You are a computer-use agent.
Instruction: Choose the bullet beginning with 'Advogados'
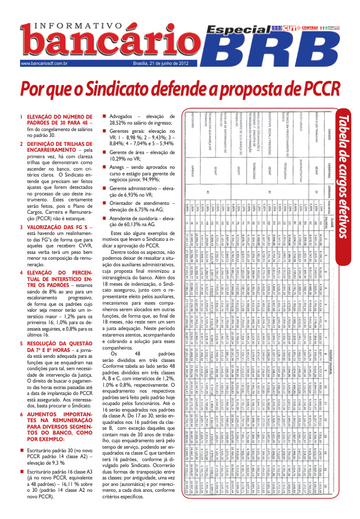point(123,117)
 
